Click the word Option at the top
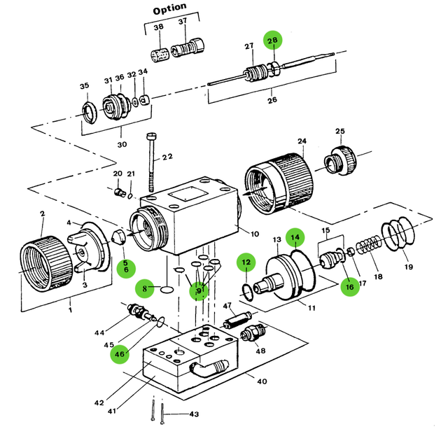169,8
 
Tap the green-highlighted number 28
272,41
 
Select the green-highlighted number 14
296,239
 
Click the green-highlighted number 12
246,264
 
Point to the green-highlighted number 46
120,355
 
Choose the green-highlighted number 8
146,288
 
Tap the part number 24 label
302,142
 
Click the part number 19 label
408,267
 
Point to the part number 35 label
85,87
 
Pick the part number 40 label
262,382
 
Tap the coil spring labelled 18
367,248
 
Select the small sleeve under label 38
160,54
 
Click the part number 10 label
254,234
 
